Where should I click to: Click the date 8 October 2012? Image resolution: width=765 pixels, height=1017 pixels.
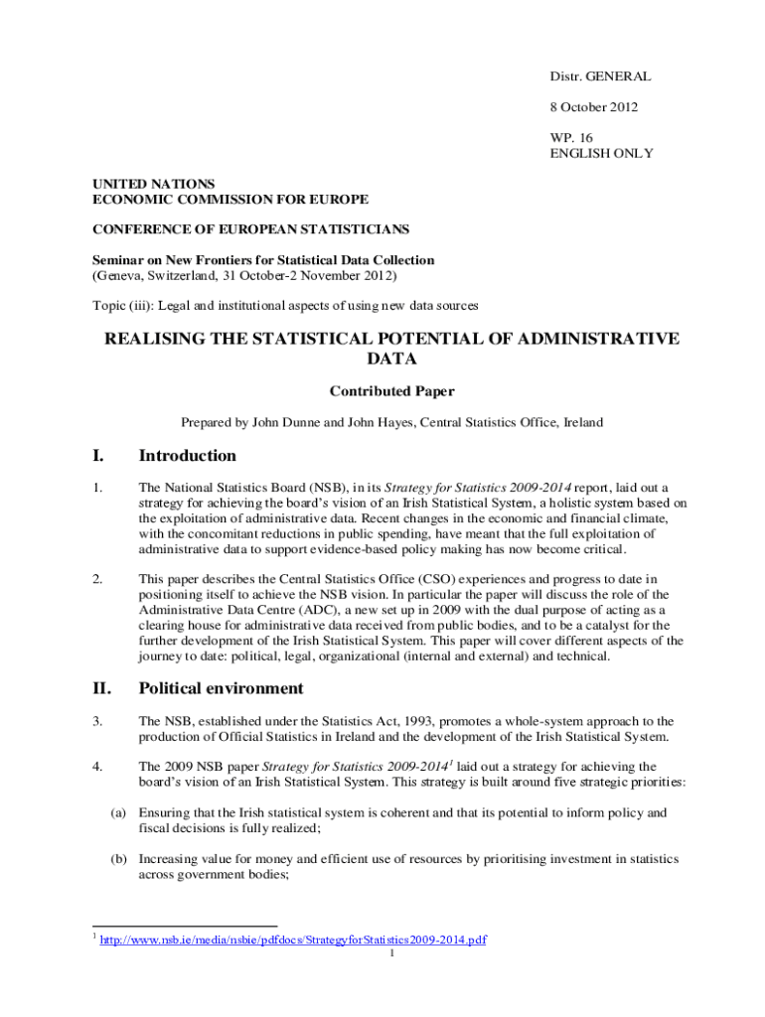[594, 107]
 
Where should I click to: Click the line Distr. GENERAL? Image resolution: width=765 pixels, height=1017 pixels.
[600, 76]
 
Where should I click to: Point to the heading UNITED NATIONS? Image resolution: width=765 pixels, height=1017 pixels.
[153, 184]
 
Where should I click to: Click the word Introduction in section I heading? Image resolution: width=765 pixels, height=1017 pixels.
[187, 456]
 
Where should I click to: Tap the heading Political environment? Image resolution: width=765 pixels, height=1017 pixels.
[221, 688]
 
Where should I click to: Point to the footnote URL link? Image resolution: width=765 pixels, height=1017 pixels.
[294, 940]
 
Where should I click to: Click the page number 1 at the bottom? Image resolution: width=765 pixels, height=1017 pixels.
[392, 953]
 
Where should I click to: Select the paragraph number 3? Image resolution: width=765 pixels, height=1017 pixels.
[97, 721]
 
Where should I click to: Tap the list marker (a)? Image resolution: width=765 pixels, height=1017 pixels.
[118, 812]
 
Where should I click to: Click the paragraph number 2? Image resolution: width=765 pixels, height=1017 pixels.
[97, 578]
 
